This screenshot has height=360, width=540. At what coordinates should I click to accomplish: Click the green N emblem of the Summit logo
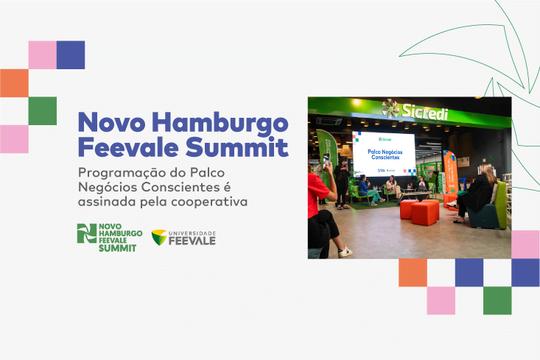(87, 233)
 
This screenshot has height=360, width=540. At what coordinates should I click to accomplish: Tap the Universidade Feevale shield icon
(158, 237)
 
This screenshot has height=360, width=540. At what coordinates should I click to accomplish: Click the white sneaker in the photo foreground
(344, 252)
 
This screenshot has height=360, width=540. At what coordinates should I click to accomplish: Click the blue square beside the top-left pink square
(71, 54)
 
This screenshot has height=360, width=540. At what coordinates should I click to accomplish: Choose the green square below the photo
(497, 300)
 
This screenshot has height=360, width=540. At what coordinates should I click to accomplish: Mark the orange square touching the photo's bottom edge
(413, 272)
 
